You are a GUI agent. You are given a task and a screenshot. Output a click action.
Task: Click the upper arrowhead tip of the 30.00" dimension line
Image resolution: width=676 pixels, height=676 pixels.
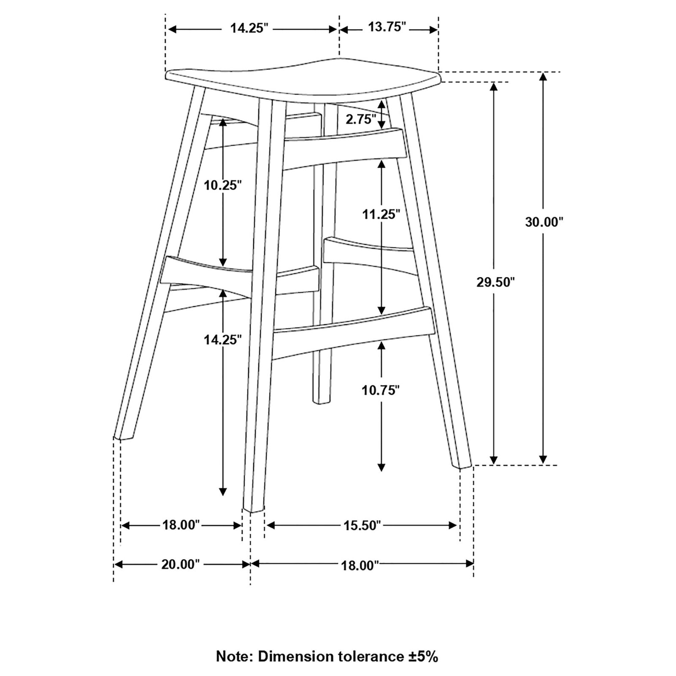coord(543,72)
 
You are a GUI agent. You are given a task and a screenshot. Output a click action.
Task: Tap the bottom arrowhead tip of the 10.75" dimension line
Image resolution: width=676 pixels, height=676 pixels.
coord(381,472)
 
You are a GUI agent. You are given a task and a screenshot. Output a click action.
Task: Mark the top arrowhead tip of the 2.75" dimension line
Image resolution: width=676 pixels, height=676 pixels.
coord(381,99)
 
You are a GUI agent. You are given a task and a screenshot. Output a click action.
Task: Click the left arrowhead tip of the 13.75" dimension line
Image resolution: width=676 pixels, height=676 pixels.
coord(340,30)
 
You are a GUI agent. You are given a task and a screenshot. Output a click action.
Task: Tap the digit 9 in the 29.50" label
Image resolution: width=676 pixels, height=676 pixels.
coord(487,282)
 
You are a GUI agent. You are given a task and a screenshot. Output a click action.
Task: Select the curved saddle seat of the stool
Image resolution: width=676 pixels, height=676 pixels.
coord(303,80)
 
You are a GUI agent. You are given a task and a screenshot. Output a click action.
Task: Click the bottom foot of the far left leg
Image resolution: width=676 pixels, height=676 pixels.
coord(123,435)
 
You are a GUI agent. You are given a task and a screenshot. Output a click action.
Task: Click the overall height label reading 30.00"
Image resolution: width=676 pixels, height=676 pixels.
coord(545,222)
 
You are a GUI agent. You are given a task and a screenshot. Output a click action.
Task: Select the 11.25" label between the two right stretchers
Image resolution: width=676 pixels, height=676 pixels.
coord(381,214)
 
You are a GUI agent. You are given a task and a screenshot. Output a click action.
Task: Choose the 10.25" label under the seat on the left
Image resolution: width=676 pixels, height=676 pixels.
coord(223,186)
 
